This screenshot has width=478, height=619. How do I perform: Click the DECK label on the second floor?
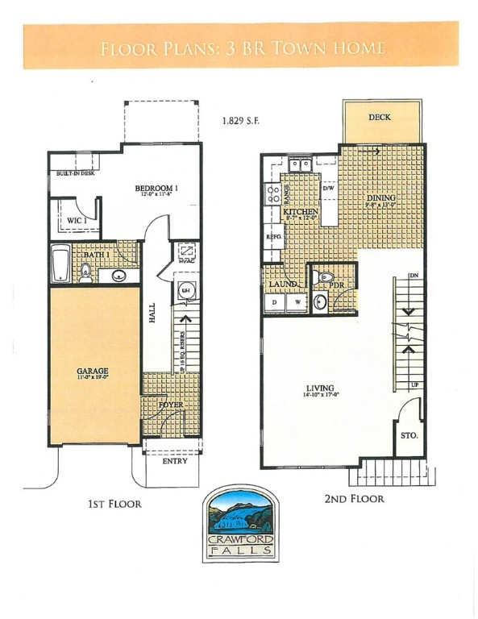[x=379, y=118]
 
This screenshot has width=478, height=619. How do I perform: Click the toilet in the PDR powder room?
[x=326, y=278]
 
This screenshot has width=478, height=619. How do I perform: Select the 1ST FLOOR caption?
[x=114, y=505]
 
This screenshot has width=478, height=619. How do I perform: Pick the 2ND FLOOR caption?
[x=354, y=498]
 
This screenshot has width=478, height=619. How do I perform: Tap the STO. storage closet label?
[x=409, y=435]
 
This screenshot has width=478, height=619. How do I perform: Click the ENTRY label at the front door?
[x=173, y=461]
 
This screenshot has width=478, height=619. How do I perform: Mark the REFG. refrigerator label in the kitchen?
[x=272, y=238]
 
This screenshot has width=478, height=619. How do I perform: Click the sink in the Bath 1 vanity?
[x=119, y=276]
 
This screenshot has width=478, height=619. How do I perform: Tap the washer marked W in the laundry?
[x=297, y=302]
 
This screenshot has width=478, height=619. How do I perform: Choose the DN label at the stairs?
[x=414, y=276]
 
